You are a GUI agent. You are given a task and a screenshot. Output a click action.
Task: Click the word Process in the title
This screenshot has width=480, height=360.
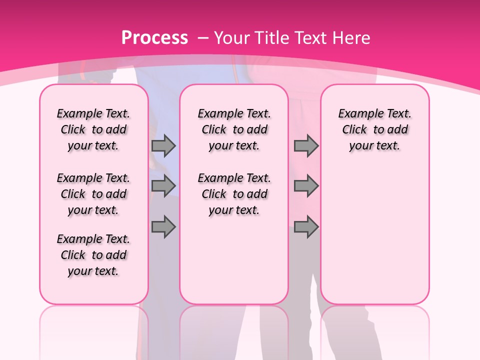pyautogui.click(x=155, y=38)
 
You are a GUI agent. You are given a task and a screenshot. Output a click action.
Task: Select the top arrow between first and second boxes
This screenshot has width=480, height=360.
pyautogui.click(x=163, y=145)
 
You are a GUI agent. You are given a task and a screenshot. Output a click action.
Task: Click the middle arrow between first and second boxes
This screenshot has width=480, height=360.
pyautogui.click(x=163, y=186)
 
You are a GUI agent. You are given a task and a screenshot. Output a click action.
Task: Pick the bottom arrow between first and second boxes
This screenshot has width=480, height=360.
pyautogui.click(x=163, y=227)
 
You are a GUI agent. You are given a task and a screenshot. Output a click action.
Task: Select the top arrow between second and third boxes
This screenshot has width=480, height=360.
pyautogui.click(x=306, y=145)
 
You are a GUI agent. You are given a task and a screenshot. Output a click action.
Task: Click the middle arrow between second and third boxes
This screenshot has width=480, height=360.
pyautogui.click(x=306, y=186)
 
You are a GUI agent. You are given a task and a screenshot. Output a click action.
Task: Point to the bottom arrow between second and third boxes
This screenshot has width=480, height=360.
pyautogui.click(x=306, y=227)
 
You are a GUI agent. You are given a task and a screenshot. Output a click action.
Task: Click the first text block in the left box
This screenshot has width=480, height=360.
pyautogui.click(x=93, y=129)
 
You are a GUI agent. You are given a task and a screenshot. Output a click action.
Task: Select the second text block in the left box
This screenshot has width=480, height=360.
pyautogui.click(x=93, y=194)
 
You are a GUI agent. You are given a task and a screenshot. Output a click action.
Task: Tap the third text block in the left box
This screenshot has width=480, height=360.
pyautogui.click(x=93, y=255)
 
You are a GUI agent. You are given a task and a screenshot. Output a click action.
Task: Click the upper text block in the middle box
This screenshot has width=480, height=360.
pyautogui.click(x=234, y=129)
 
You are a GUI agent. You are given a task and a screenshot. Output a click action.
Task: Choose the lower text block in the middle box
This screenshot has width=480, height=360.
pyautogui.click(x=234, y=194)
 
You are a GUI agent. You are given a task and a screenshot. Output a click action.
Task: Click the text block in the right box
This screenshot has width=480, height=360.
pyautogui.click(x=374, y=129)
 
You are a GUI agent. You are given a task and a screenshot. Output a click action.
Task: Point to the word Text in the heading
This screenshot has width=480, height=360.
pyautogui.click(x=309, y=38)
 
